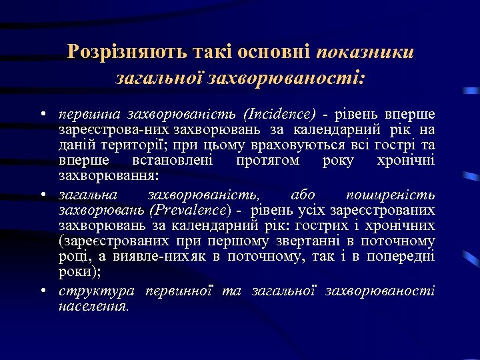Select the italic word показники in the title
coord(365,52)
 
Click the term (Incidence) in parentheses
coord(280,113)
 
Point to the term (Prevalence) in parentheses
coord(191,211)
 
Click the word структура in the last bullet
coord(96,291)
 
